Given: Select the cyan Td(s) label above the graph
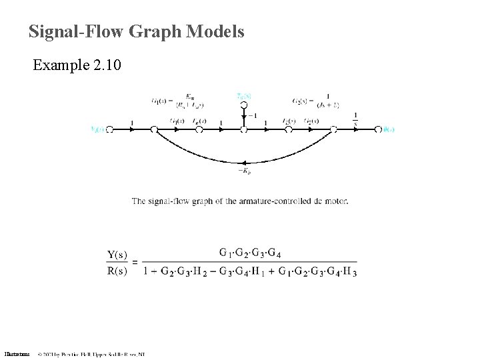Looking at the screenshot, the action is click(x=243, y=95).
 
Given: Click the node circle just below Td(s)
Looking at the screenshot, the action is click(x=243, y=105).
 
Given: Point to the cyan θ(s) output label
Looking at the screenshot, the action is click(x=389, y=129).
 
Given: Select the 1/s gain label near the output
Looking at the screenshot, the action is click(x=355, y=117).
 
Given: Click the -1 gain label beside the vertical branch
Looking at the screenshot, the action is click(x=252, y=115).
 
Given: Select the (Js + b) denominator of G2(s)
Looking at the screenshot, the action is click(x=328, y=105).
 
